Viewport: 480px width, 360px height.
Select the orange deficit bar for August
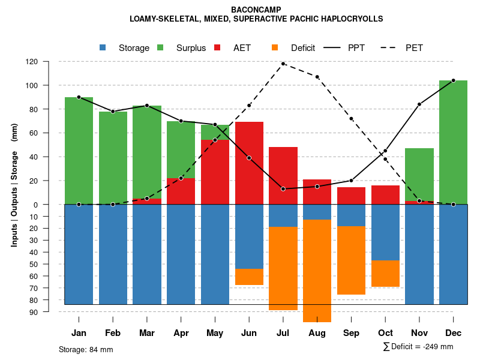pyautogui.click(x=317, y=270)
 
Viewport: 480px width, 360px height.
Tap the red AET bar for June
pyautogui.click(x=249, y=163)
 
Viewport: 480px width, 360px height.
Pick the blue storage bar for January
pyautogui.click(x=79, y=254)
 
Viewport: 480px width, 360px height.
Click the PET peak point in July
pyautogui.click(x=283, y=64)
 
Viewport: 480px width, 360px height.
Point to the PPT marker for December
pyautogui.click(x=453, y=80)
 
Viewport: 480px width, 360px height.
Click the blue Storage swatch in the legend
pyautogui.click(x=103, y=48)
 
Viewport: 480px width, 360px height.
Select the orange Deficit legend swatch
pyautogui.click(x=275, y=48)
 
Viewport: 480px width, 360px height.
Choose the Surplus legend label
pyautogui.click(x=191, y=48)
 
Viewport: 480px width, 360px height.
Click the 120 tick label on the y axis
pyautogui.click(x=49, y=61)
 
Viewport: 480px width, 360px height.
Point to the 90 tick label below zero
pyautogui.click(x=50, y=312)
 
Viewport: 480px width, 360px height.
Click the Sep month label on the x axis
pyautogui.click(x=351, y=333)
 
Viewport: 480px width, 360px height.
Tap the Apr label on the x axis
pyautogui.click(x=181, y=333)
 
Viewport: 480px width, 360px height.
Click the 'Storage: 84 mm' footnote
pyautogui.click(x=86, y=349)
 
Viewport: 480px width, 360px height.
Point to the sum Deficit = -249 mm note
pyautogui.click(x=418, y=347)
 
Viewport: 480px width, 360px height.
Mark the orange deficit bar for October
pyautogui.click(x=385, y=274)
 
